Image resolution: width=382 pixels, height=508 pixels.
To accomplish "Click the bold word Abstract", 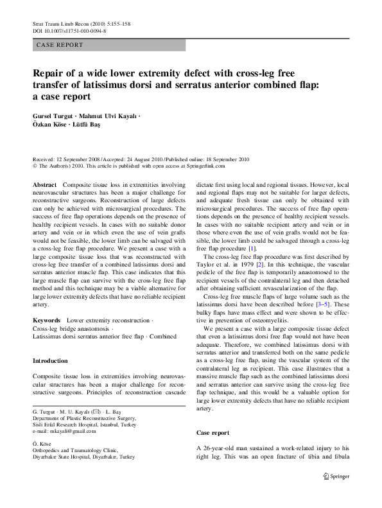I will [44, 184].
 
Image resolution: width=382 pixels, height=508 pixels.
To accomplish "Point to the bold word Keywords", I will [47, 319].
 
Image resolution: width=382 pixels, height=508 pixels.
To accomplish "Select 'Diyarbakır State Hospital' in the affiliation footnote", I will [66, 455].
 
